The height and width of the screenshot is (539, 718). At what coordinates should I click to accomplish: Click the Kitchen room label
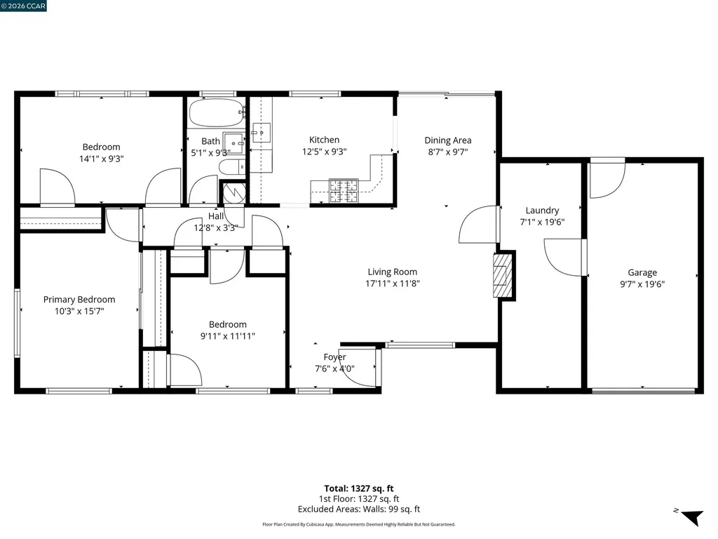tap(324, 140)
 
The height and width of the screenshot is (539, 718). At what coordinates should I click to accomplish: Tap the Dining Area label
tap(448, 140)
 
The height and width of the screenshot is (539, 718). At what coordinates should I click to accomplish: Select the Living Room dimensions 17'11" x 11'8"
tap(393, 284)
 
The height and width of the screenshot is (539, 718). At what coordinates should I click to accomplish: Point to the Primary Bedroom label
tap(79, 300)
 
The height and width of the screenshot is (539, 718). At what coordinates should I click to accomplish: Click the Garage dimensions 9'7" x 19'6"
tap(642, 284)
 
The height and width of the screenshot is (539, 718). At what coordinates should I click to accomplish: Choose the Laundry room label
tap(542, 211)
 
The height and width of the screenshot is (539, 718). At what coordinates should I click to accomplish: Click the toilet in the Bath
tap(232, 167)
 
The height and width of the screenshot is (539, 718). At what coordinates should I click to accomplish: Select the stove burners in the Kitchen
tap(344, 191)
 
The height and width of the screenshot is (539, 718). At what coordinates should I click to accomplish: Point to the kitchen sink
tap(262, 133)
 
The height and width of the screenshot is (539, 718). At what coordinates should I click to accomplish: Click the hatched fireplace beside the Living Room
tap(502, 275)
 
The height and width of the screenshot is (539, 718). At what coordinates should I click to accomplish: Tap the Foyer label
tap(334, 357)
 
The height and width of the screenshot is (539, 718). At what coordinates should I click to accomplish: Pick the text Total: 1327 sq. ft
tap(359, 488)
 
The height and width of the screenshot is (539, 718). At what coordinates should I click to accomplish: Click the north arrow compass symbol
tap(691, 517)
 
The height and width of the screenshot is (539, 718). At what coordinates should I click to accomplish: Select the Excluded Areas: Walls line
tap(359, 510)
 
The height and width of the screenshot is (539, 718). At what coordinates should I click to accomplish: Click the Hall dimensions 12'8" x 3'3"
tap(215, 228)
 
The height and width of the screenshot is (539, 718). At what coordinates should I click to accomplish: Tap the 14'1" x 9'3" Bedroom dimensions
tap(102, 159)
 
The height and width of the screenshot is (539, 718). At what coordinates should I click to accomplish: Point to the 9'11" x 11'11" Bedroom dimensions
tap(228, 336)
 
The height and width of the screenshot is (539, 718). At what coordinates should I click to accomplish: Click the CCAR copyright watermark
tap(23, 6)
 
